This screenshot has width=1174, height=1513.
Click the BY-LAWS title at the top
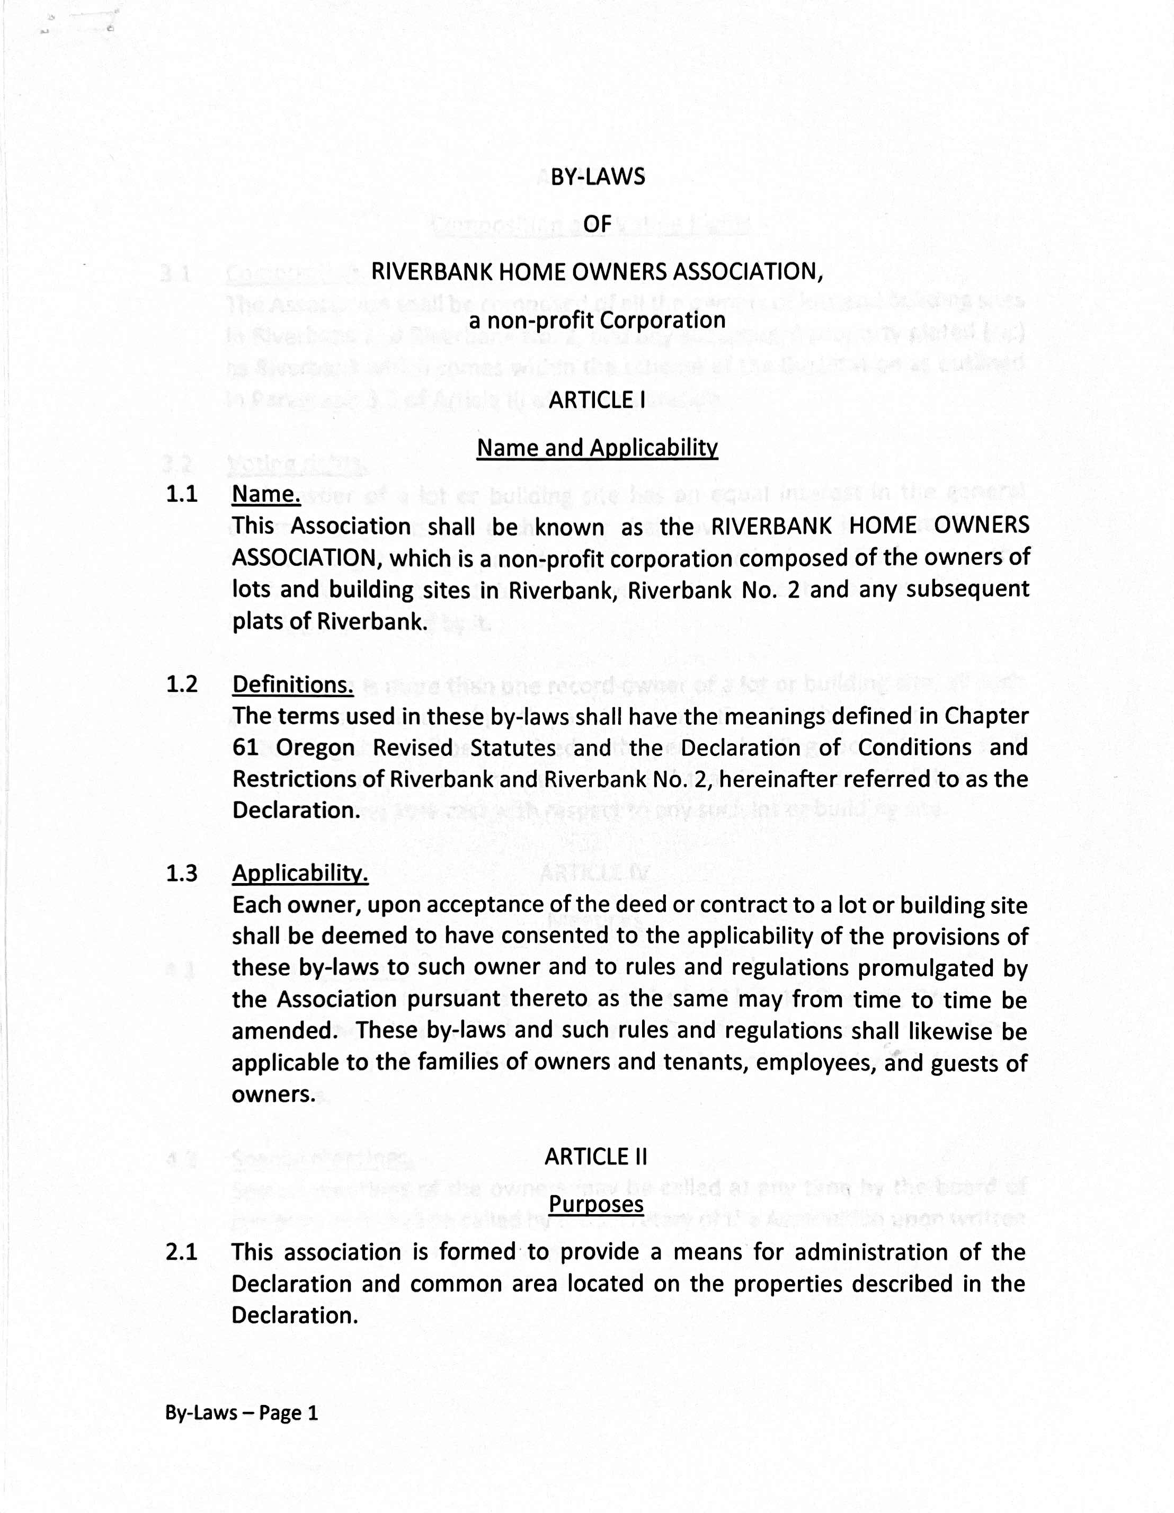tap(597, 177)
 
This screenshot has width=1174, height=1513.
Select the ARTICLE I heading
tap(597, 400)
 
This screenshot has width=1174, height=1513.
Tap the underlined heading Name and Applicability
tap(597, 448)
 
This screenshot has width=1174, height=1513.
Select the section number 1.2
tap(182, 684)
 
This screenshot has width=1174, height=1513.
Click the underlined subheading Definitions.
tap(292, 684)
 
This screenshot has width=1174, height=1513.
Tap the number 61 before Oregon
tap(245, 748)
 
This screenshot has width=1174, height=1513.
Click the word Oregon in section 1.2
tap(315, 748)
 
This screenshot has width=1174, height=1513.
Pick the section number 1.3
tap(182, 873)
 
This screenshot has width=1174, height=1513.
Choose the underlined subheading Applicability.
tap(300, 873)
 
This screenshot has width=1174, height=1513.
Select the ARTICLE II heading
tap(595, 1157)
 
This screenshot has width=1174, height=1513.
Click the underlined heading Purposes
tap(595, 1204)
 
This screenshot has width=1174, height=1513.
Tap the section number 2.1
tap(182, 1252)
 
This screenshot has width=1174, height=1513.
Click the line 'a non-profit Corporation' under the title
tap(597, 321)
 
